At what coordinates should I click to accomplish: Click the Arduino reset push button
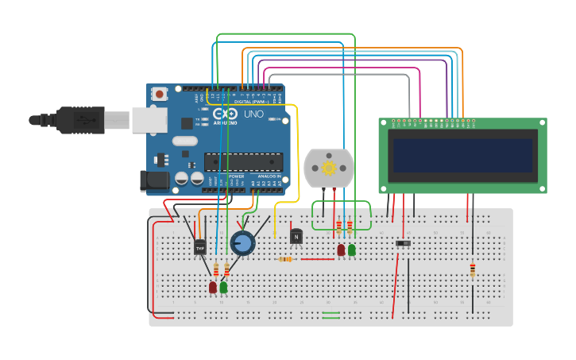click(160, 94)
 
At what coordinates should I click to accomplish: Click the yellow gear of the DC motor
click(329, 168)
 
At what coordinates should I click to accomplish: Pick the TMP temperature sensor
click(199, 248)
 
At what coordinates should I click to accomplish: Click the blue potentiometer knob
click(242, 242)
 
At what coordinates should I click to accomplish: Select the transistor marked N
click(296, 236)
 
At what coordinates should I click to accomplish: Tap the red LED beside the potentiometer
click(213, 287)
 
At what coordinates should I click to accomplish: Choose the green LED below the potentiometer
click(224, 287)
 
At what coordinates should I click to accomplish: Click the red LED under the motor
click(341, 250)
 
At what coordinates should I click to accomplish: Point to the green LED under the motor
click(352, 250)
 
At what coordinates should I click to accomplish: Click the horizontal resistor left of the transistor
click(285, 259)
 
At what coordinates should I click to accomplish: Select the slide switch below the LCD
click(404, 242)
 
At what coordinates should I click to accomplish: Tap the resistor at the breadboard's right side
click(473, 270)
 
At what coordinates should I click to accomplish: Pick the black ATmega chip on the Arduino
click(243, 162)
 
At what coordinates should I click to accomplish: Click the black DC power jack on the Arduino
click(155, 182)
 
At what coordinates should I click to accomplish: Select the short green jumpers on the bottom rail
click(331, 316)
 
